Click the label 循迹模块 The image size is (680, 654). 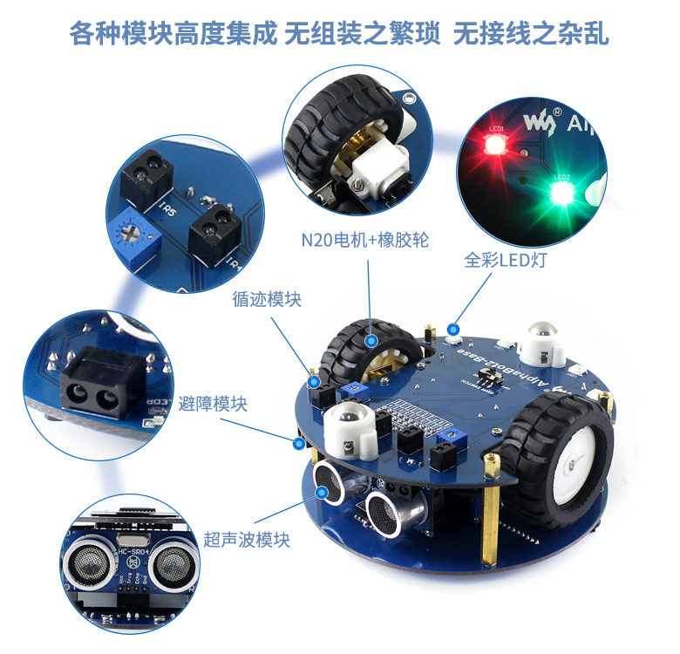pyautogui.click(x=267, y=299)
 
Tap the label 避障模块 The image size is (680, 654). pyautogui.click(x=213, y=404)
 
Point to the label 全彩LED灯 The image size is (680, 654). pyautogui.click(x=505, y=261)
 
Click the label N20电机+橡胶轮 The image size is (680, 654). pyautogui.click(x=365, y=240)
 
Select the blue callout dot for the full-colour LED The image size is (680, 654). pyautogui.click(x=453, y=329)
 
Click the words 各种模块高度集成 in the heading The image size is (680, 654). pyautogui.click(x=173, y=34)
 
